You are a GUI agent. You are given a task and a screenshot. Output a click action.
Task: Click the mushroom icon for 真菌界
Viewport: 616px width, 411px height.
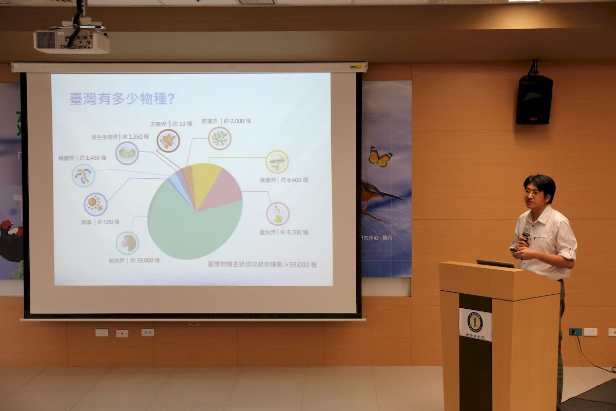[277, 162]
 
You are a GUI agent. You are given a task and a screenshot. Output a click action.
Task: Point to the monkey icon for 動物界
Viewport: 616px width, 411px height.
[127, 243]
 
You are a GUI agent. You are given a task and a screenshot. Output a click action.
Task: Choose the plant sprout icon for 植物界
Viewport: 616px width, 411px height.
[278, 214]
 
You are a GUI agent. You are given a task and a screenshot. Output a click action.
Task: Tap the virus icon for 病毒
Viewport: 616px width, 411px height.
[95, 204]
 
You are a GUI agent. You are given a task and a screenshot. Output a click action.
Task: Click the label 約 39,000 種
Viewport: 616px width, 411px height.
[145, 260]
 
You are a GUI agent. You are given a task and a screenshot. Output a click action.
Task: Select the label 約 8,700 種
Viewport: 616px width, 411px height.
[294, 232]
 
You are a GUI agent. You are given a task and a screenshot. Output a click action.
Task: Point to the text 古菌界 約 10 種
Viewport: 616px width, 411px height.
[171, 124]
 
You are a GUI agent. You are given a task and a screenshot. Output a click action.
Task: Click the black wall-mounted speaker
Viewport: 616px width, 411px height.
[534, 99]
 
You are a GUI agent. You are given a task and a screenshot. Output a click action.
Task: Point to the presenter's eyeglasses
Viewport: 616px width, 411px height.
[533, 193]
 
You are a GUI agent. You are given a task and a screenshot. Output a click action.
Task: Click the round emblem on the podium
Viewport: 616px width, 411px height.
[475, 322]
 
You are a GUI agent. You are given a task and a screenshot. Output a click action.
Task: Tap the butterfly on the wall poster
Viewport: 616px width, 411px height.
[380, 157]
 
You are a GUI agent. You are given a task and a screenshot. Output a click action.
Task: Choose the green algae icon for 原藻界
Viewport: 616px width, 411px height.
[220, 138]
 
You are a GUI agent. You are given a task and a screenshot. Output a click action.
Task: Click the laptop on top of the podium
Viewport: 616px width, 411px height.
[495, 264]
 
